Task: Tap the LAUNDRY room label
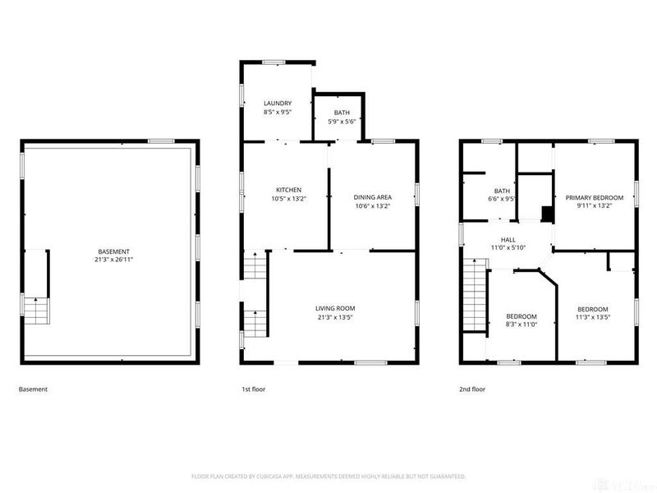pos(278,103)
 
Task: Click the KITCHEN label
pos(287,190)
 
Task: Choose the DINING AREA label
pos(372,197)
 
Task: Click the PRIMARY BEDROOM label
pos(595,197)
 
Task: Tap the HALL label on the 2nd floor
pos(508,239)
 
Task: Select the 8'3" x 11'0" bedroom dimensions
pos(521,325)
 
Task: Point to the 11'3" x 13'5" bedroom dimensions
pos(592,316)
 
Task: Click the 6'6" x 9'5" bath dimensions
pos(501,198)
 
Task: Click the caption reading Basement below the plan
pos(33,389)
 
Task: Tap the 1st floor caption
pos(253,389)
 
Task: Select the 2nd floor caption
pos(473,389)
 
